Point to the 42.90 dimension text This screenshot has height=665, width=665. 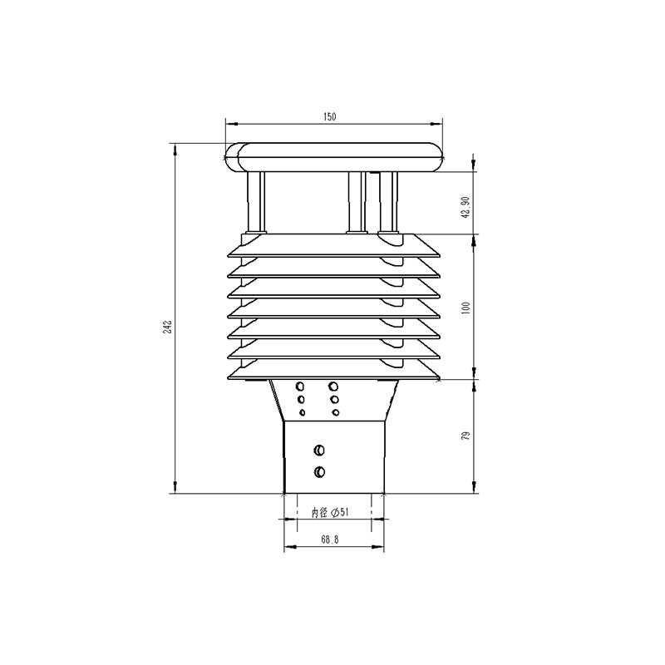point(465,206)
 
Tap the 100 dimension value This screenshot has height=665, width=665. point(465,308)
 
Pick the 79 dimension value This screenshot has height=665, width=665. point(465,436)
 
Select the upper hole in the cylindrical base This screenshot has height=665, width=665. point(318,451)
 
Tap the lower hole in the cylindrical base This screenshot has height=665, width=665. point(318,473)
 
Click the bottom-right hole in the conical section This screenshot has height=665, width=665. point(334,412)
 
